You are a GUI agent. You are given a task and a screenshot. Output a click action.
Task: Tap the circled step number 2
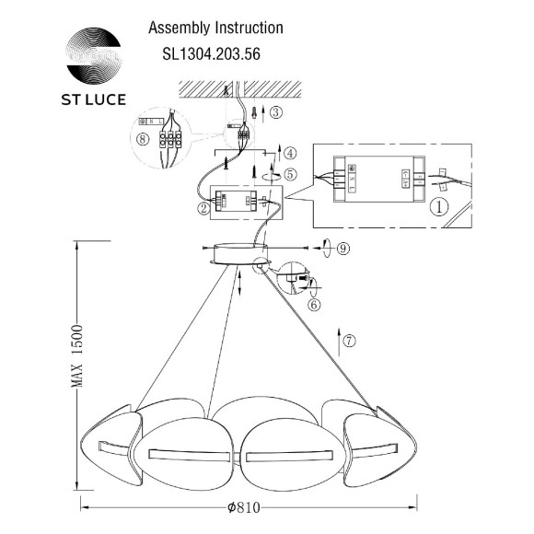click(202, 209)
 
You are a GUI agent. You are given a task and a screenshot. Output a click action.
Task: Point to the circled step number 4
click(290, 153)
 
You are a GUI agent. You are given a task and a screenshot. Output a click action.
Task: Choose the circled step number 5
click(290, 172)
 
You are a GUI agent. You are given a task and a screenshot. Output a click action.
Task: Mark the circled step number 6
click(314, 305)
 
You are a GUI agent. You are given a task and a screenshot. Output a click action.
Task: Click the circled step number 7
click(349, 340)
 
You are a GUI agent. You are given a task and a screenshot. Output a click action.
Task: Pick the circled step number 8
click(141, 141)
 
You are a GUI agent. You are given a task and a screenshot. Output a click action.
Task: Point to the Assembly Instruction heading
click(215, 29)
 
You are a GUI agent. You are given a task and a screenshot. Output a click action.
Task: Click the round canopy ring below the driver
click(238, 252)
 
